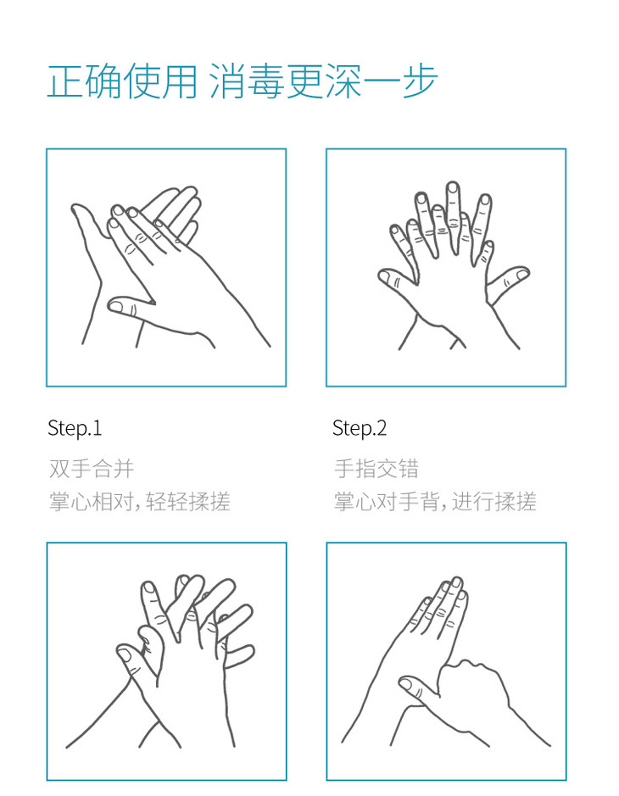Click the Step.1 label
pyautogui.click(x=75, y=429)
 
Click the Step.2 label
pyautogui.click(x=360, y=429)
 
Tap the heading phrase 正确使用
pyautogui.click(x=122, y=81)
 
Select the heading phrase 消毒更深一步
pyautogui.click(x=323, y=81)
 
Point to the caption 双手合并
pyautogui.click(x=92, y=469)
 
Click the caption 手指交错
pyautogui.click(x=376, y=469)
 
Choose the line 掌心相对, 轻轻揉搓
pyautogui.click(x=140, y=502)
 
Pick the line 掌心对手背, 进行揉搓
pyautogui.click(x=435, y=502)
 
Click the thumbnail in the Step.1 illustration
pyautogui.click(x=116, y=306)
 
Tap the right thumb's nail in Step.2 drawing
pyautogui.click(x=521, y=274)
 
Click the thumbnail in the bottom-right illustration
pyautogui.click(x=405, y=684)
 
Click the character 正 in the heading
pyautogui.click(x=65, y=81)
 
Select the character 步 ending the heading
pyautogui.click(x=420, y=81)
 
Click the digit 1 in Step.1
pyautogui.click(x=98, y=428)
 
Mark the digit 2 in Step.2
pyautogui.click(x=382, y=428)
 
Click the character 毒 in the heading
pyautogui.click(x=266, y=81)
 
